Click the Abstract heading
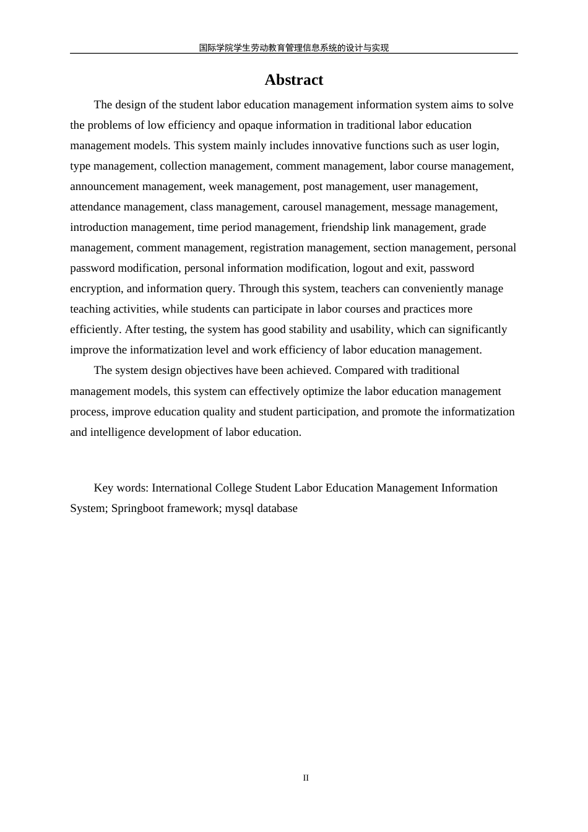(293, 80)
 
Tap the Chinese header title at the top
(293, 48)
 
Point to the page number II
(306, 778)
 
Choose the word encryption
(96, 288)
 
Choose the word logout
(368, 268)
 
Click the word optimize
(323, 391)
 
